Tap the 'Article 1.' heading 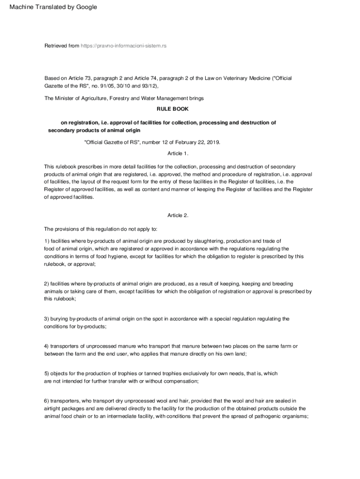(178, 153)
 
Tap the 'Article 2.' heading (178, 215)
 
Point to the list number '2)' (47, 284)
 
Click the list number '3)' (47, 319)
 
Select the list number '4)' (47, 346)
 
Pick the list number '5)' (47, 374)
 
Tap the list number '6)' (47, 401)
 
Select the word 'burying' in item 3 (59, 319)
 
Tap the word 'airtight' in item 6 (53, 408)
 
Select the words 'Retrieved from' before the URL (62, 46)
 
